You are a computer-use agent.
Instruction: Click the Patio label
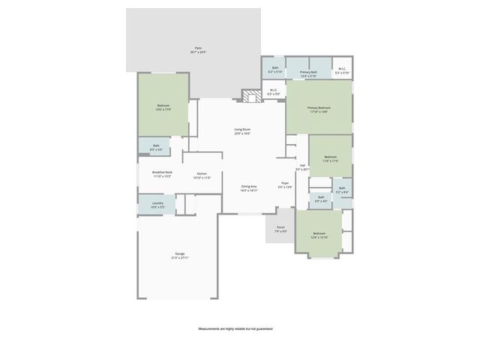(x=199, y=49)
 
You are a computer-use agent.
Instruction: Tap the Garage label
(x=180, y=255)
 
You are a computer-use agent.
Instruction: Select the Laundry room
(x=157, y=204)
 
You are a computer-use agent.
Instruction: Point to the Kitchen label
(x=202, y=175)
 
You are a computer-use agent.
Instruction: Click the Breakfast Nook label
(x=163, y=174)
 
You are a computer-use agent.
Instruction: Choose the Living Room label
(x=241, y=131)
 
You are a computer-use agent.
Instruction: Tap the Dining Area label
(x=249, y=187)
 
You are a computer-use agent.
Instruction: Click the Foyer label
(x=285, y=184)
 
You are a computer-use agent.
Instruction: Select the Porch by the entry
(x=280, y=229)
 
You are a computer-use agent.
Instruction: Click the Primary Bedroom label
(x=319, y=109)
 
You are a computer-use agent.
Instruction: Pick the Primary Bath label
(x=309, y=73)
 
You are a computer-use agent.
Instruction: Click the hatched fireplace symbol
(x=249, y=95)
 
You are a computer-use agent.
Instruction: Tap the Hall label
(x=302, y=167)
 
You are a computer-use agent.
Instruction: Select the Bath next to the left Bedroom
(x=156, y=147)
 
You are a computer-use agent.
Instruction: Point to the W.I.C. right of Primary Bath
(x=342, y=70)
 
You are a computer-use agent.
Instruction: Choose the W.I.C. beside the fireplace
(x=274, y=92)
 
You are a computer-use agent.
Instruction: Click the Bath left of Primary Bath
(x=275, y=70)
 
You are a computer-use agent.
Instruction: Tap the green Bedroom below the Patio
(x=163, y=107)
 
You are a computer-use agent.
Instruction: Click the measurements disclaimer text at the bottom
(x=235, y=328)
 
